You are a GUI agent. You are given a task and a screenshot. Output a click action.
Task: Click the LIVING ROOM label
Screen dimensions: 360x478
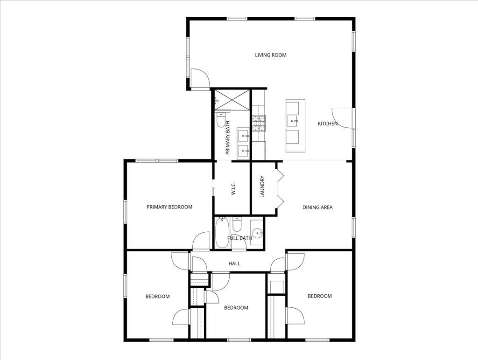tap(270, 55)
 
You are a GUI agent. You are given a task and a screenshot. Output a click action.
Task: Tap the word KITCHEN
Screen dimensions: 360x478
tap(327, 124)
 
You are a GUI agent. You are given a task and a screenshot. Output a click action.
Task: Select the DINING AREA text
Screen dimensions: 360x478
tap(317, 207)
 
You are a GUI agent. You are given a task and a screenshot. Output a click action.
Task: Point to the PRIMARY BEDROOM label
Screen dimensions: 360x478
tap(169, 207)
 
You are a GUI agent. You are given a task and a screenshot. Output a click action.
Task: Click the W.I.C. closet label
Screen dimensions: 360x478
tap(232, 192)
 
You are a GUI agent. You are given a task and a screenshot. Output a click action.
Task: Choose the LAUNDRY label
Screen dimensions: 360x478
tap(262, 187)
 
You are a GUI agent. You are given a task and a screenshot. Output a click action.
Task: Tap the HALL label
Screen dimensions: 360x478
tap(234, 263)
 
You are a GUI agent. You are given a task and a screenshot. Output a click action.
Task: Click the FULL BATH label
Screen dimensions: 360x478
tap(239, 238)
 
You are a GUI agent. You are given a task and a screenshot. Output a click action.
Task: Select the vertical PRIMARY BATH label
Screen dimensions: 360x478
tap(228, 138)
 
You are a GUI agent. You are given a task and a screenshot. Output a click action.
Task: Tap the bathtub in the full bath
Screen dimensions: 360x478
tap(222, 234)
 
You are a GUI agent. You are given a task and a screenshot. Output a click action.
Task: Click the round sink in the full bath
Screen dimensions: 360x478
tap(257, 233)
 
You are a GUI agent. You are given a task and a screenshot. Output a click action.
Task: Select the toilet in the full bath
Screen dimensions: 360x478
tap(237, 224)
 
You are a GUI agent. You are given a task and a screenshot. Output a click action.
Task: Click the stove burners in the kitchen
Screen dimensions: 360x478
tap(259, 122)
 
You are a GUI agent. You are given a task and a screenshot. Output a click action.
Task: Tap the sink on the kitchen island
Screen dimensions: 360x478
tap(293, 121)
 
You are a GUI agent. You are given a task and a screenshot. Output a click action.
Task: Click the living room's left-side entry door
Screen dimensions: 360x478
tap(198, 78)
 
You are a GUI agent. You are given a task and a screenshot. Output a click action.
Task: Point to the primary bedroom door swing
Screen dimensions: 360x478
tap(202, 242)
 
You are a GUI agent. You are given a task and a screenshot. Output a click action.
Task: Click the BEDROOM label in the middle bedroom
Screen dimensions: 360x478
tap(236, 308)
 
